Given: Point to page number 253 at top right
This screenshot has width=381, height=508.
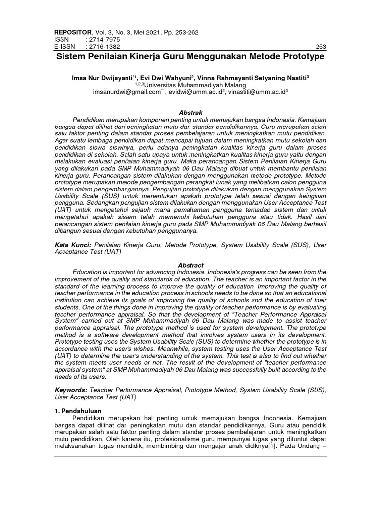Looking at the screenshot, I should (320, 47).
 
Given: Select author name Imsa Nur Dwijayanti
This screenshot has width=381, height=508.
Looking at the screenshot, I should (105, 78).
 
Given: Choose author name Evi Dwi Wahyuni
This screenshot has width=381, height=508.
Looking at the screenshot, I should (167, 78).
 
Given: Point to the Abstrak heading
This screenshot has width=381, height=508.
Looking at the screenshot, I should (190, 113).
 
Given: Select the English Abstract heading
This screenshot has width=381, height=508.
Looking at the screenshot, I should (190, 266).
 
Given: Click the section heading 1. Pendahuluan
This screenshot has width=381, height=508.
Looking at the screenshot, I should (77, 412).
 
